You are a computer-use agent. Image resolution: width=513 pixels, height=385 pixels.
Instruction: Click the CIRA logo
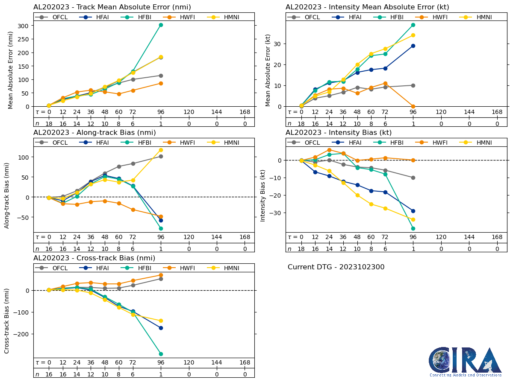tap(466, 362)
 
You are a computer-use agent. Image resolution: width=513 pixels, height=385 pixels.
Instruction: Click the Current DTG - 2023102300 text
tap(336, 267)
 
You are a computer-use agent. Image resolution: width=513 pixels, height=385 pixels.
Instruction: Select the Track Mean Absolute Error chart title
tap(112, 7)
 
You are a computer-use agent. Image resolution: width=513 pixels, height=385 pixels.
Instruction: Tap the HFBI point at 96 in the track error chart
tap(161, 25)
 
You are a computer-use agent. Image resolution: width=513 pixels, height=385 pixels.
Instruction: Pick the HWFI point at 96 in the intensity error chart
tap(413, 106)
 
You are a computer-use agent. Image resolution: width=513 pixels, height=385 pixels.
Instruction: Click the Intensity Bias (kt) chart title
tap(339, 133)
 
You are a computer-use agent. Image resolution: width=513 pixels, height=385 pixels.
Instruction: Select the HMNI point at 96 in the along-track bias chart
tap(161, 150)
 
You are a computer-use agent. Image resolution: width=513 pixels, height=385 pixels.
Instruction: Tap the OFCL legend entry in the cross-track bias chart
tap(54, 268)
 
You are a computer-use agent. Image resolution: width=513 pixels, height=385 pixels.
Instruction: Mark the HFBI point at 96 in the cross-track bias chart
tap(161, 354)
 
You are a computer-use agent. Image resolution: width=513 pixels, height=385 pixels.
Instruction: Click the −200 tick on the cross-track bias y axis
tap(21, 334)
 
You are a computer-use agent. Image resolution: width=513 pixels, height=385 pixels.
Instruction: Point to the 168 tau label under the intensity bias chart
tap(497, 237)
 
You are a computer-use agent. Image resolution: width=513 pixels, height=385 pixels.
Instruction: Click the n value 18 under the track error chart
tap(49, 123)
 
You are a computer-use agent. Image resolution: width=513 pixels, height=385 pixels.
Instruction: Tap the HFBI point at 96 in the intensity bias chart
tap(413, 228)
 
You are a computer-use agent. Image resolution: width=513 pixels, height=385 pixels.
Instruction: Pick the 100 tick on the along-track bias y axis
tap(24, 157)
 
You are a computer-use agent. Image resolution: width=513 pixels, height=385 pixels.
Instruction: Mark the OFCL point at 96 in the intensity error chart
tap(413, 85)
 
